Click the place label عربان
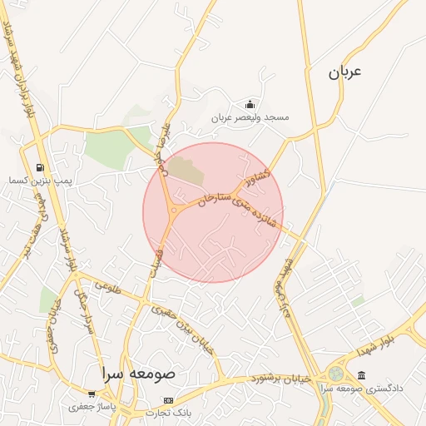345,72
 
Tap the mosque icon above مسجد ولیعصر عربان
250,104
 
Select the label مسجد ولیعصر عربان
250,117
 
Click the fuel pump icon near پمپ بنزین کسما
40,167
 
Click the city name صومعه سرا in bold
138,373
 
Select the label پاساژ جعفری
91,407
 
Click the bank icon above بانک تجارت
169,400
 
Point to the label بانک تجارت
170,413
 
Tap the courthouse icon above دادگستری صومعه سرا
361,376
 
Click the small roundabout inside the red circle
173,211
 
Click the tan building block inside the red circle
186,171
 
